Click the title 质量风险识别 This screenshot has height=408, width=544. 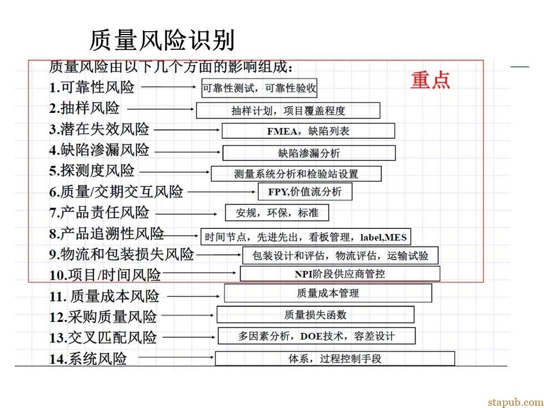coord(162,40)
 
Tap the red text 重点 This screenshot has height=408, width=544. coord(430,80)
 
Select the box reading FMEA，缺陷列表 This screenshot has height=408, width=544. coord(308,131)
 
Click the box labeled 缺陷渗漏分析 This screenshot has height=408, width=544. coord(309,153)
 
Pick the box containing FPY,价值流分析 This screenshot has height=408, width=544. coord(305,192)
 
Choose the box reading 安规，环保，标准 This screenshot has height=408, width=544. coord(277,212)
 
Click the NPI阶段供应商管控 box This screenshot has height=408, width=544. coord(340,274)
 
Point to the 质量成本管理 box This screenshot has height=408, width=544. coord(328,293)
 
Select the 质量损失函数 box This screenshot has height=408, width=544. coord(316,314)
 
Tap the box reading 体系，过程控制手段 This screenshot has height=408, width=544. coord(335,358)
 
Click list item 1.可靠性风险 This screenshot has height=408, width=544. coord(92,87)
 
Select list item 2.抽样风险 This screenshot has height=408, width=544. coord(84,108)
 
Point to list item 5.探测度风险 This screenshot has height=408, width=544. coord(92,171)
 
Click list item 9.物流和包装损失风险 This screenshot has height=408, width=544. coord(121,254)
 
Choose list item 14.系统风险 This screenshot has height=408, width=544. coord(88,358)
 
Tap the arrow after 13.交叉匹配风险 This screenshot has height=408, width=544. coord(189,337)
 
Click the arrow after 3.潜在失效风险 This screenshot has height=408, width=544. coord(186,130)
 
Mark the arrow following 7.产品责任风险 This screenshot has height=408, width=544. coord(186,214)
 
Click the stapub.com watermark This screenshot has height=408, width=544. coord(516,402)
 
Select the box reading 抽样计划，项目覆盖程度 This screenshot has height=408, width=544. coord(288,110)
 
